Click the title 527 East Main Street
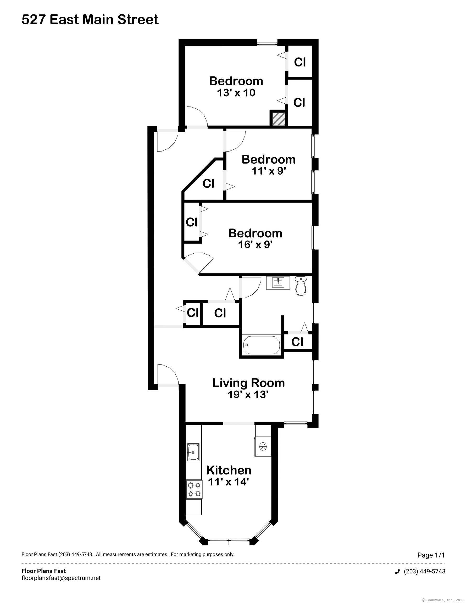tap(90, 20)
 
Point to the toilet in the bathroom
tap(301, 286)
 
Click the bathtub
tap(261, 345)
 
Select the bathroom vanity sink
tap(278, 283)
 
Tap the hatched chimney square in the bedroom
tap(278, 119)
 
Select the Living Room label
tap(248, 383)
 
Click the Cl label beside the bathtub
tap(297, 342)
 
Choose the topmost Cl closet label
tap(300, 62)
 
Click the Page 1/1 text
tap(431, 555)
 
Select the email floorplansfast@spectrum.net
tap(61, 578)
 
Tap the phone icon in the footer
tap(397, 572)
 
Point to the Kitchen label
tap(229, 470)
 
